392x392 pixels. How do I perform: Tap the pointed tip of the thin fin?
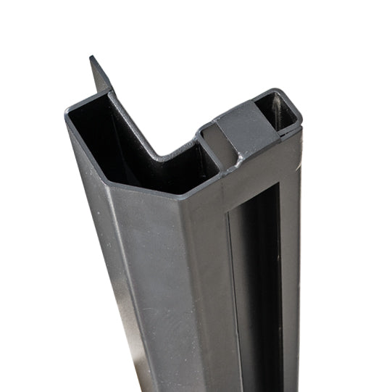pos(92,57)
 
